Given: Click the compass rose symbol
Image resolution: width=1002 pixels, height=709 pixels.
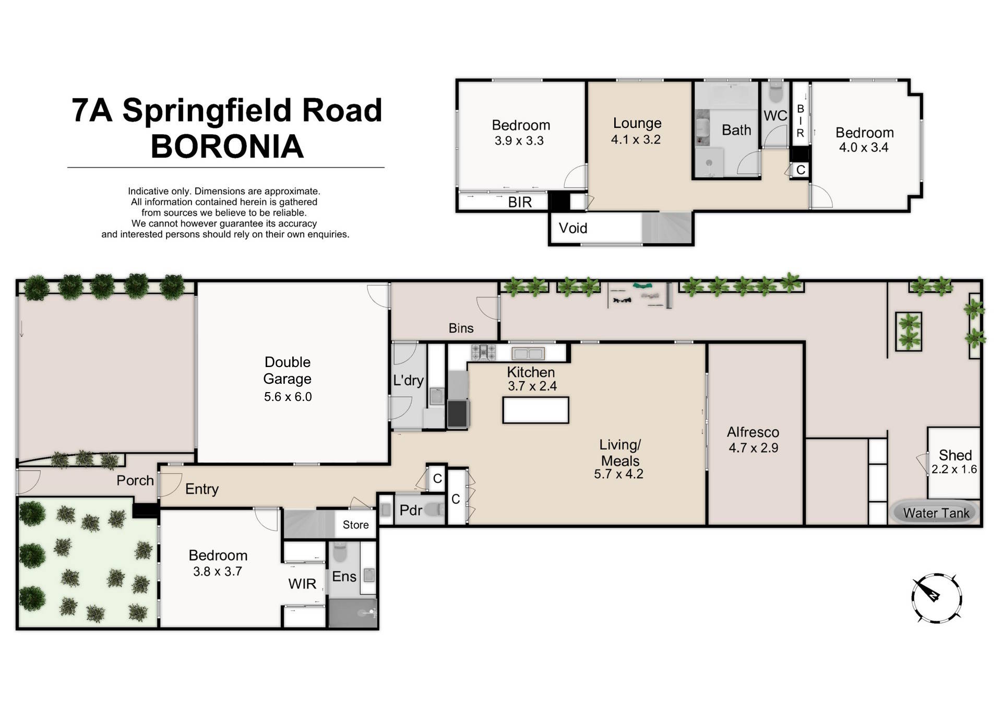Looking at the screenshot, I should (x=937, y=598).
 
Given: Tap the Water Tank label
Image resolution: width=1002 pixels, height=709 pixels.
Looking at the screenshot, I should (x=936, y=513).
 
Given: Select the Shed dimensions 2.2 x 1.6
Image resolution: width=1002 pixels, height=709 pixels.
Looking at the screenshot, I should (x=954, y=469).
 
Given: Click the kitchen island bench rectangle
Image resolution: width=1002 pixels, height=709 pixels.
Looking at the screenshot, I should (x=535, y=410).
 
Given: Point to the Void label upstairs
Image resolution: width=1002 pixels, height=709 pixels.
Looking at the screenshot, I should (x=573, y=228).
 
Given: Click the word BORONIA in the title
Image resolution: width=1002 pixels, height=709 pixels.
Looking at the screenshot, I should (x=227, y=146).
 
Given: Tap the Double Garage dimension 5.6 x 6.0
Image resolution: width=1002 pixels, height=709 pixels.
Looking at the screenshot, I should (x=288, y=397).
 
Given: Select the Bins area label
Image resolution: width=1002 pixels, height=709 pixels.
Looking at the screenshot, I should (x=461, y=328).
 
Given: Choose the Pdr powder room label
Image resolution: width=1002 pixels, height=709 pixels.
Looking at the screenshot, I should (x=411, y=510).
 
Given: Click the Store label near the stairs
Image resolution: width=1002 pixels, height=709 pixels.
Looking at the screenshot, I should (x=355, y=525).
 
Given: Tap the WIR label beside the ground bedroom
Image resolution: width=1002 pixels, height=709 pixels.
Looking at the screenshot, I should (x=302, y=584).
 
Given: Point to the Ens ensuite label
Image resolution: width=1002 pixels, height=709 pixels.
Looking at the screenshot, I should (x=344, y=576).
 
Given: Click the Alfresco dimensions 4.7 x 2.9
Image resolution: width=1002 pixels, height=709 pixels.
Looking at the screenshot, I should (x=753, y=448).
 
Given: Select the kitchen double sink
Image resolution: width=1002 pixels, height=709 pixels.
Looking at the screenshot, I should (x=528, y=353).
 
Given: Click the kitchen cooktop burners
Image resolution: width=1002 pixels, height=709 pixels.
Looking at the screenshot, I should (x=483, y=352).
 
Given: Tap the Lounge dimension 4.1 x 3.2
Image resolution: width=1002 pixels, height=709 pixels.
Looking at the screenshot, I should (x=636, y=139).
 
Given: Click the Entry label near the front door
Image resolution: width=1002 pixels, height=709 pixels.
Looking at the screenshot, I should (x=201, y=489).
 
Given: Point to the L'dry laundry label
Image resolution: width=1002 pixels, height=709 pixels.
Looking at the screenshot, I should (x=408, y=380).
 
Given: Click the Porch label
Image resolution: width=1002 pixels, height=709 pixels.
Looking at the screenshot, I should (x=135, y=480).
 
